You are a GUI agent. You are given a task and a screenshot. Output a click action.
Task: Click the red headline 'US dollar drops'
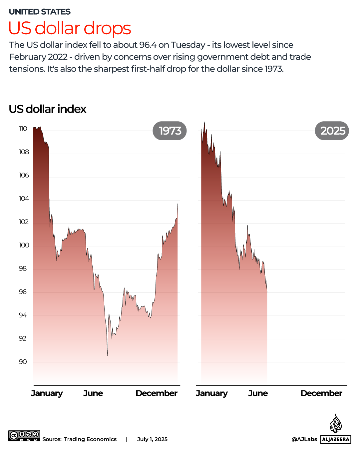click(70, 28)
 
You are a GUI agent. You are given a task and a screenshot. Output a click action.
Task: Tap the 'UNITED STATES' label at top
click(40, 12)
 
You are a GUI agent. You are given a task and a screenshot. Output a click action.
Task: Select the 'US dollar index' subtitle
click(48, 109)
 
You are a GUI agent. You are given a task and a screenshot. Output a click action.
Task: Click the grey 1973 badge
click(170, 131)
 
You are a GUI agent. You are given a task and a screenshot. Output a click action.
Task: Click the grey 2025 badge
click(332, 131)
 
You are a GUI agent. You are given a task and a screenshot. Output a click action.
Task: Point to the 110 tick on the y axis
click(23, 129)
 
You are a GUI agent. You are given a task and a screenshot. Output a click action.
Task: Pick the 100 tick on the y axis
click(24, 245)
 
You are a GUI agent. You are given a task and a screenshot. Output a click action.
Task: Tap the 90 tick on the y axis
click(23, 362)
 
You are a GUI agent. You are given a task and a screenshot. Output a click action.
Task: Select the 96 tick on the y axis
click(23, 292)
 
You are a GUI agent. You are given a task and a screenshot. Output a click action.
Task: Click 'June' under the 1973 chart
click(93, 393)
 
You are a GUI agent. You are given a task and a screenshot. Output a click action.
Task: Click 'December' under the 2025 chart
click(321, 393)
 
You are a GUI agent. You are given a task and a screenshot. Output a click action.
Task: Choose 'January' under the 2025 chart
click(212, 393)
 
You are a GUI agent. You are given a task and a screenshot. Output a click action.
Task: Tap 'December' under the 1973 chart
click(157, 393)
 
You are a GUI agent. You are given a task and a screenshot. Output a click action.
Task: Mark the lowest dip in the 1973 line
click(107, 355)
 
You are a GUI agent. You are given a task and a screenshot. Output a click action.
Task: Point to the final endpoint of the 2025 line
click(267, 292)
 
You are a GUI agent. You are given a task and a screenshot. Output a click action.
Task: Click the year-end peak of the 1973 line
click(178, 204)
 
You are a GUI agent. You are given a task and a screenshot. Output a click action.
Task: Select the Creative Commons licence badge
click(24, 436)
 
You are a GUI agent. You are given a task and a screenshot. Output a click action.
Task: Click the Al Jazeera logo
click(336, 430)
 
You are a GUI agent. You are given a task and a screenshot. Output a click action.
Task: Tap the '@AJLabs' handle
click(304, 439)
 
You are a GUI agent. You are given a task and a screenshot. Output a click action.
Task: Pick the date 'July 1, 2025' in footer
click(152, 439)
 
